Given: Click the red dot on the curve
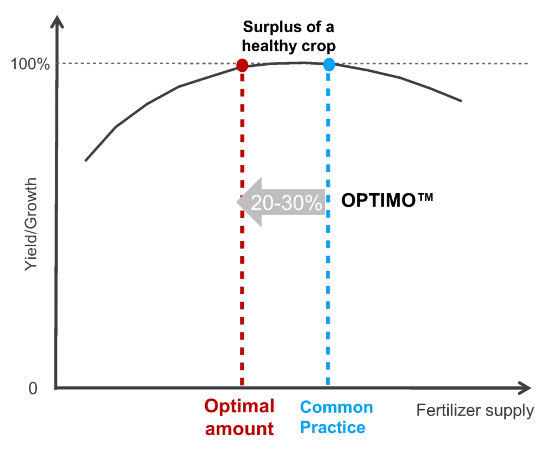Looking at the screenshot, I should pyautogui.click(x=243, y=65).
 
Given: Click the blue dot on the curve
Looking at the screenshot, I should pyautogui.click(x=329, y=65).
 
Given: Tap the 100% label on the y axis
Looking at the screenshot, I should pyautogui.click(x=30, y=64).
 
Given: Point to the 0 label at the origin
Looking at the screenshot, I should pyautogui.click(x=33, y=388).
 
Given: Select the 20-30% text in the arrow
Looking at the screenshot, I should pyautogui.click(x=287, y=202).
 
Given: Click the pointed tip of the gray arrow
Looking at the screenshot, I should pyautogui.click(x=237, y=202).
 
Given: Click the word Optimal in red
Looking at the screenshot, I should pyautogui.click(x=239, y=406).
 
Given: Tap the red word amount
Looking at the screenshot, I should pyautogui.click(x=239, y=429).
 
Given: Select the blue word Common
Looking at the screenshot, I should pyautogui.click(x=336, y=407).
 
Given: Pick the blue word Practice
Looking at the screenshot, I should pyautogui.click(x=332, y=428).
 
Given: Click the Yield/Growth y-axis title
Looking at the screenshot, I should pyautogui.click(x=32, y=224).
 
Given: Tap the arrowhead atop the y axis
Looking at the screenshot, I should pyautogui.click(x=57, y=22).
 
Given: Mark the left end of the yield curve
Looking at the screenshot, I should pyautogui.click(x=85, y=160).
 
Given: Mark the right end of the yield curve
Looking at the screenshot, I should pyautogui.click(x=462, y=101).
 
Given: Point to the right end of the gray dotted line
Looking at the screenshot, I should pyautogui.click(x=528, y=64).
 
